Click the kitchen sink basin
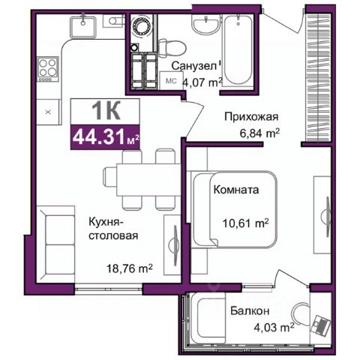point(83,27)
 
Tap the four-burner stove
point(48,69)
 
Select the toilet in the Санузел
point(172,47)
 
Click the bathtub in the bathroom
point(238,49)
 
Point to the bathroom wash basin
point(206,24)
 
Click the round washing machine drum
point(142,25)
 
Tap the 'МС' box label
point(172,80)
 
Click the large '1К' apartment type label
point(106,111)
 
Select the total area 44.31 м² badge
point(105,137)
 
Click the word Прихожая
point(251,117)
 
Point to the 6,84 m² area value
point(259,133)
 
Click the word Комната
point(236,190)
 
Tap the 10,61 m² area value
point(245,223)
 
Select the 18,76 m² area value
point(129,268)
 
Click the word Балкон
point(250,310)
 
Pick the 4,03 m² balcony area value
point(274,327)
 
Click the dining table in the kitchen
point(148,179)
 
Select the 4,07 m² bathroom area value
point(202,82)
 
